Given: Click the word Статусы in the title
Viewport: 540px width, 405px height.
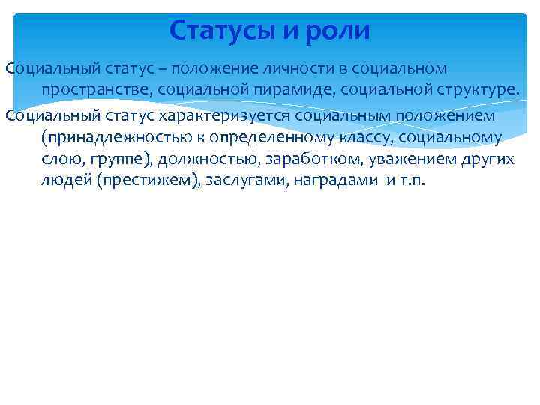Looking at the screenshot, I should [x=217, y=31].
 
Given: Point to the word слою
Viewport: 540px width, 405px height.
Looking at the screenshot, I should [x=61, y=160].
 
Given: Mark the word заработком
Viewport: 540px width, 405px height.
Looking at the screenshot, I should [x=306, y=160].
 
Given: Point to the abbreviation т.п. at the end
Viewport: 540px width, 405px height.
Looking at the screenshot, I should [x=412, y=182].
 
